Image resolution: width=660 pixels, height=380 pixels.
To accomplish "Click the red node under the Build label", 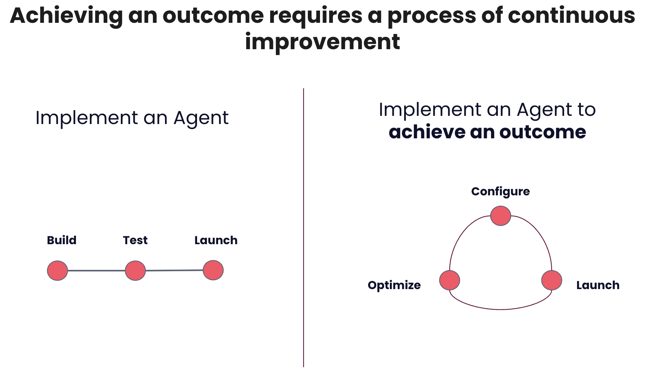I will pos(57,271).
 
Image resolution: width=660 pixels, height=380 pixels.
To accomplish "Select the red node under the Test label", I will pos(135,271).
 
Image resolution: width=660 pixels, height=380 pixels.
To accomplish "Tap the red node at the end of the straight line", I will pos(213,270).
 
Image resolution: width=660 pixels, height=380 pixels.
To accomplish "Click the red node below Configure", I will pos(500,216).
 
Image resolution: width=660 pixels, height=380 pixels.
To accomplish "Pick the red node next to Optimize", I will pos(449,280).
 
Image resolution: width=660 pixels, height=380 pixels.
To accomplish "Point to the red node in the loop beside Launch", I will pos(552,280).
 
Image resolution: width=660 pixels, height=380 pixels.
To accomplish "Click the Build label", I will pos(62,240).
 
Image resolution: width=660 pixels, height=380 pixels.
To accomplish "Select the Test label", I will pos(135,240).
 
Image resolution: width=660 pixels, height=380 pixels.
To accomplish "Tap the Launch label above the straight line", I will pos(216,240).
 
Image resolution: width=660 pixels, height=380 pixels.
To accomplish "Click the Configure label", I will pos(500,191).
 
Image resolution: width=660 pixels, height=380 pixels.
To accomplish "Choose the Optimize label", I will pos(394,285).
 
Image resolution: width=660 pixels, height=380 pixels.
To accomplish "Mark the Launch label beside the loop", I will pos(598,285).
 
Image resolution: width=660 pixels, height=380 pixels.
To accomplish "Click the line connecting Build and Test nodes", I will pos(96,271).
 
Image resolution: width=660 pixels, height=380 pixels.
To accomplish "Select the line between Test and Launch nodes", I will pos(174,271).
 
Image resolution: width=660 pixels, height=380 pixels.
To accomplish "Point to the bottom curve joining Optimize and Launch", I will pos(500,309).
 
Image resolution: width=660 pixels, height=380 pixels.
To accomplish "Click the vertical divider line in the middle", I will pos(304,228).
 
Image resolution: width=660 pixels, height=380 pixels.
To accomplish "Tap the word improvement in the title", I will pos(323,42).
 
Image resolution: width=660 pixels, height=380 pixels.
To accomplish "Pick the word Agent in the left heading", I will pos(201,118).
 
